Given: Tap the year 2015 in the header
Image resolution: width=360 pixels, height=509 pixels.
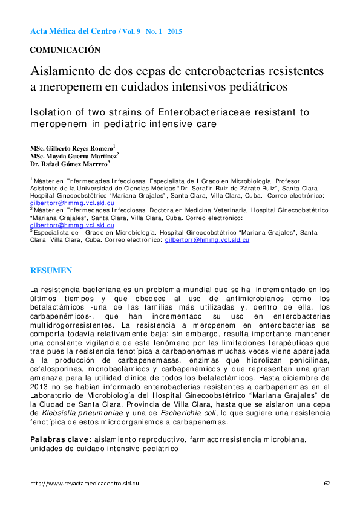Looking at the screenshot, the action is coord(175,31).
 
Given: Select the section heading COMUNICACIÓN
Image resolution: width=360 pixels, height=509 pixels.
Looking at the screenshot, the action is coord(65,50).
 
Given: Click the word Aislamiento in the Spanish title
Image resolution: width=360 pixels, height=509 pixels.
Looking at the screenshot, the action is coord(62,71).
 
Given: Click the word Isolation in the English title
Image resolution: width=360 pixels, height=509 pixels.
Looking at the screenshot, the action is coord(53,112).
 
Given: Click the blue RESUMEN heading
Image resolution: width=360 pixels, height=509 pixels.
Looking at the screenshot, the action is coord(51,271).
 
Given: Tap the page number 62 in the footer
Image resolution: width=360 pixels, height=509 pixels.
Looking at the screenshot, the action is coord(327,484).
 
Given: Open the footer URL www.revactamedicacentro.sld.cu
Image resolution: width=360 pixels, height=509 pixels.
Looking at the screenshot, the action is coord(85,484).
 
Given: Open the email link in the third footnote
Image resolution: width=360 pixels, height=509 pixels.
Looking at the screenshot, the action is coord(207,239).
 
